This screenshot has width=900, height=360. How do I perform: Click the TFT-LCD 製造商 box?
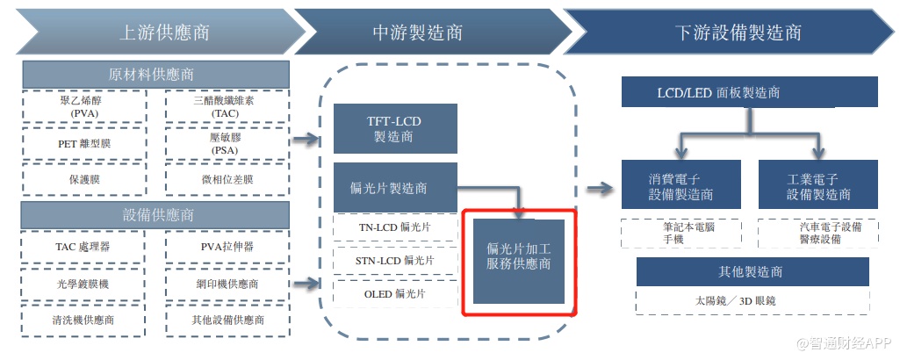coord(395,129)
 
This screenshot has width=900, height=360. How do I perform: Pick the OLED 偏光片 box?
coord(395,295)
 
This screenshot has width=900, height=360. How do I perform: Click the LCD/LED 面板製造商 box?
coord(749,92)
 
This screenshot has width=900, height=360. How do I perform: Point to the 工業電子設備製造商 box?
coord(818,185)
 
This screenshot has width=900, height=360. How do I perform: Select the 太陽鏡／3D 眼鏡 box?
coord(752,301)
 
